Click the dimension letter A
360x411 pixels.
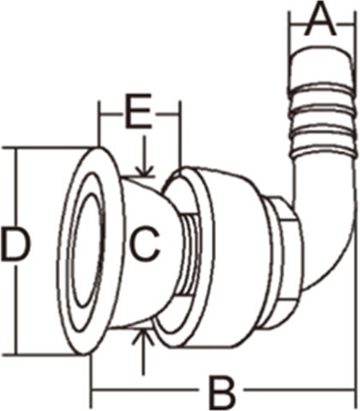click(x=320, y=18)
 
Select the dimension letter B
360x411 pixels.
click(x=222, y=392)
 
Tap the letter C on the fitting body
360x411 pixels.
click(x=144, y=244)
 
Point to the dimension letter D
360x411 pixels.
click(x=15, y=244)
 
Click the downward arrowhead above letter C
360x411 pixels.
click(x=145, y=171)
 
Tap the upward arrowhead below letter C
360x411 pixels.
click(x=143, y=337)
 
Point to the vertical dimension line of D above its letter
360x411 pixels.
click(x=18, y=187)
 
